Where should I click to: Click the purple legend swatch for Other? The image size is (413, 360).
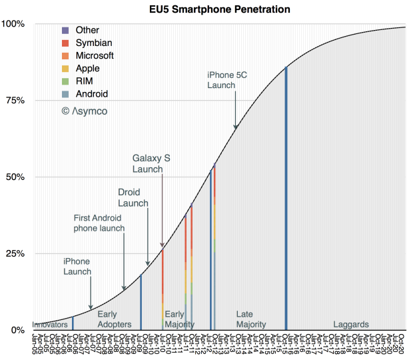[x=64, y=30]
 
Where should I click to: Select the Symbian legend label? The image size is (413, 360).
[x=93, y=43]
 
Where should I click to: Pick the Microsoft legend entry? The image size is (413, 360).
[x=95, y=55]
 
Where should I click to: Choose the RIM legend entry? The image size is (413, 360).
[x=85, y=81]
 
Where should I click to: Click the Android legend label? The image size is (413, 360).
[x=91, y=94]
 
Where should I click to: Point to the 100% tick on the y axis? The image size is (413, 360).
[x=13, y=24]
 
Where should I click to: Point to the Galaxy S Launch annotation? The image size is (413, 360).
[x=151, y=163]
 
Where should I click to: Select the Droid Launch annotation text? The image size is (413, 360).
[x=133, y=197]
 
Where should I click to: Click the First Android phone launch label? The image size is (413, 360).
[x=99, y=223]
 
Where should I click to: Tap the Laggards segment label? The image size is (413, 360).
[x=351, y=325]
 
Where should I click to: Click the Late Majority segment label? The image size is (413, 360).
[x=251, y=319]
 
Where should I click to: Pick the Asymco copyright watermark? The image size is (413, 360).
[x=84, y=111]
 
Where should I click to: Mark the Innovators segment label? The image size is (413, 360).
[x=50, y=325]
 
